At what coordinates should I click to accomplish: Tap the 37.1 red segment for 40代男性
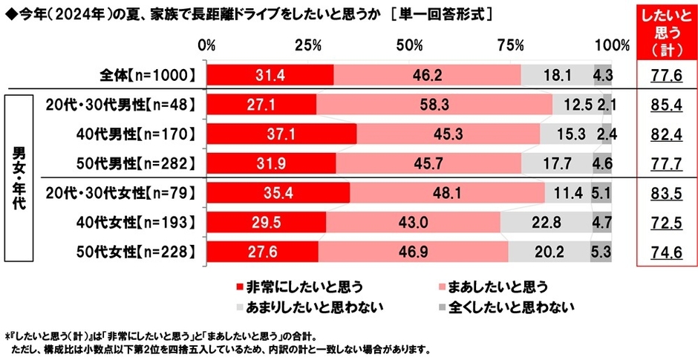click(281, 134)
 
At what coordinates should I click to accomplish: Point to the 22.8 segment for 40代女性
click(546, 221)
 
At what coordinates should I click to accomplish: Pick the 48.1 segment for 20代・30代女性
click(447, 192)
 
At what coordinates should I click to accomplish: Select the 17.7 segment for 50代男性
click(556, 163)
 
